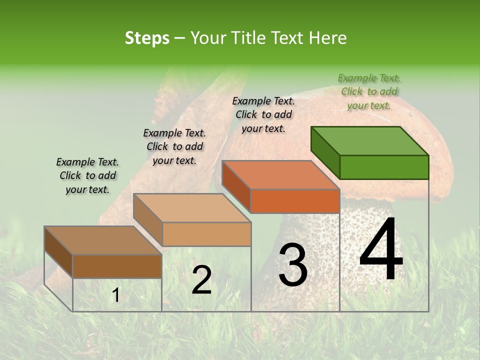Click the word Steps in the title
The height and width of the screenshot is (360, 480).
point(147,38)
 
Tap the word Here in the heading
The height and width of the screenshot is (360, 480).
point(327,38)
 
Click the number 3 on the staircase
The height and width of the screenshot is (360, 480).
point(292,265)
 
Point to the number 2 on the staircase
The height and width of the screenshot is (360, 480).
point(201,280)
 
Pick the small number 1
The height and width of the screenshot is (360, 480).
point(115,295)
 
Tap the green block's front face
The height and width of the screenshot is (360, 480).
point(384,167)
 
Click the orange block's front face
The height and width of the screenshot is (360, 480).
point(295,201)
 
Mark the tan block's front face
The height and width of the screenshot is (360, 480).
point(206,234)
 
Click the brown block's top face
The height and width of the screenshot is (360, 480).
point(103,240)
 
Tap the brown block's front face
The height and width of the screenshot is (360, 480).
point(117,266)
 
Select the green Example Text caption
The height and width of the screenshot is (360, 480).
point(369,91)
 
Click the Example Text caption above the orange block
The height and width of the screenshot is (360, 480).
point(263,114)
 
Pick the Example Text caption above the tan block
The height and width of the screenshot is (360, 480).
point(174,146)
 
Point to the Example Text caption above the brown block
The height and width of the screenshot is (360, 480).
point(87,175)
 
